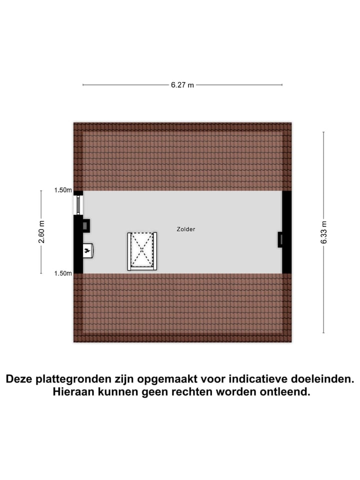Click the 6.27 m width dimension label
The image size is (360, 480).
182,85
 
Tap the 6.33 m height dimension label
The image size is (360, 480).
324,232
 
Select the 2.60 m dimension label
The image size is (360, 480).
41,231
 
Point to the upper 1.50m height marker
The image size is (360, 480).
63,190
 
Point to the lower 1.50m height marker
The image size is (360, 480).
63,273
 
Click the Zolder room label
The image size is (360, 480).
186,229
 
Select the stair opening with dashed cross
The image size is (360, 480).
142,251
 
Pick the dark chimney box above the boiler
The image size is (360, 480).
86,225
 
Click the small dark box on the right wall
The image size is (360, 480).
280,239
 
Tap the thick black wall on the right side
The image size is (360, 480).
287,231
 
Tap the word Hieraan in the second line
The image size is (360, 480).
74,391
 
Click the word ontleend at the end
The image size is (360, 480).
285,391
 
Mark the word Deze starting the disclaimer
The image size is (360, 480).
19,379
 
